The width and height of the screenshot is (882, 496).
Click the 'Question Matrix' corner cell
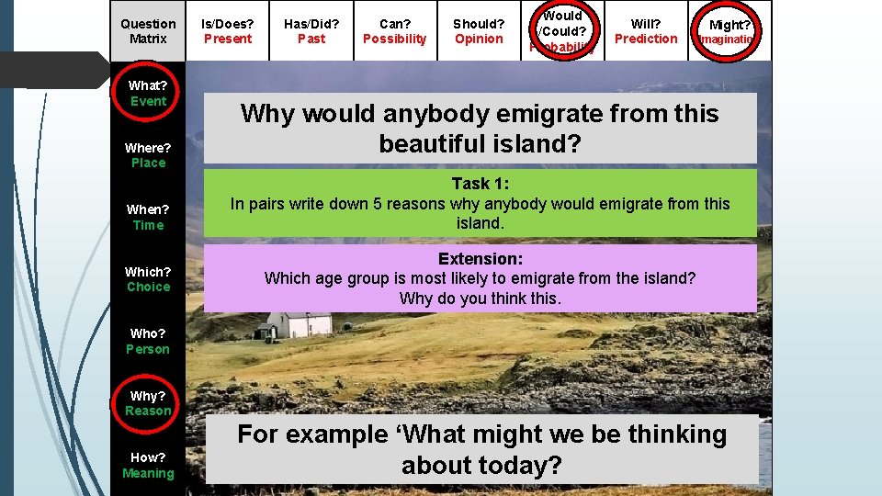[x=148, y=31]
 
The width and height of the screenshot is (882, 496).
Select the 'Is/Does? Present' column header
[x=228, y=31]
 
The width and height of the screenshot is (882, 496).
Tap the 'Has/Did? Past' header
[x=311, y=31]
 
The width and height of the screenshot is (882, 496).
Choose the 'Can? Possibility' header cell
[x=395, y=31]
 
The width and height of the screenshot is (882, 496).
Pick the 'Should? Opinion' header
[x=479, y=31]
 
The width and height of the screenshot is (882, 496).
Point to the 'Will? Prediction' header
[x=646, y=31]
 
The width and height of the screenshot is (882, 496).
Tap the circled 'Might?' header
[x=729, y=31]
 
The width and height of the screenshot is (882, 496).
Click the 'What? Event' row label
[x=148, y=94]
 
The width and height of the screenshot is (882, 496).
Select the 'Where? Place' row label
[x=148, y=155]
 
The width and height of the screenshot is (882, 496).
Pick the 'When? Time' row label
[x=148, y=218]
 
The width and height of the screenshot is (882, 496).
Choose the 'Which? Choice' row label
[x=148, y=279]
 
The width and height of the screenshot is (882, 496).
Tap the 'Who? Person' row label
[x=148, y=342]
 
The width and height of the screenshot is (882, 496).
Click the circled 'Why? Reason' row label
[x=148, y=403]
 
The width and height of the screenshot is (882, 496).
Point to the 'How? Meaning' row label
[x=148, y=465]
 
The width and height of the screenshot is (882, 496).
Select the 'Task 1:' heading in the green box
[x=480, y=184]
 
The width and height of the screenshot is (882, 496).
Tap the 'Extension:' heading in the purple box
[x=480, y=259]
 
